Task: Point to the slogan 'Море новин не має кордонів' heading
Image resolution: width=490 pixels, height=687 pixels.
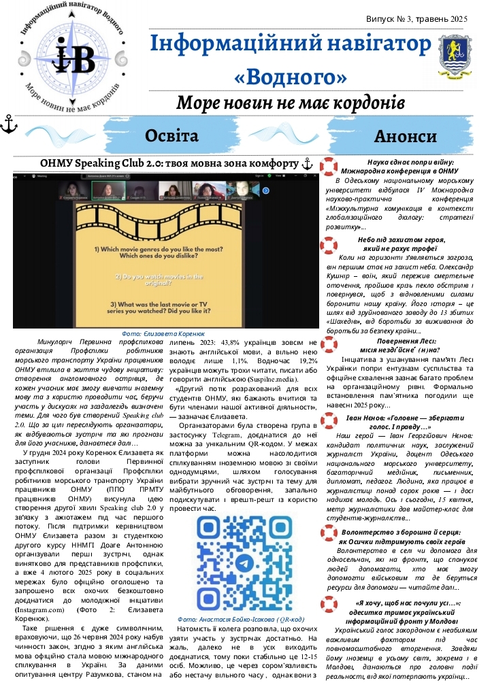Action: [x=291, y=103]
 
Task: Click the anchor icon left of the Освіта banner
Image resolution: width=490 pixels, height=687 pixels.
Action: [x=10, y=123]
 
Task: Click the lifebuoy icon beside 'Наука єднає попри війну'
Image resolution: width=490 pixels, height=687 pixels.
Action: [x=329, y=166]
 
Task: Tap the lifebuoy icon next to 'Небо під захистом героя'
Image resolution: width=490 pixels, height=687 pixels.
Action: [x=329, y=245]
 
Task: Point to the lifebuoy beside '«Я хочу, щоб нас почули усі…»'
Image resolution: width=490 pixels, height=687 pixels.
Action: [x=329, y=604]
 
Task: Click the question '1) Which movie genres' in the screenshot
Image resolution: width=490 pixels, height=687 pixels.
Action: [x=163, y=249]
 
